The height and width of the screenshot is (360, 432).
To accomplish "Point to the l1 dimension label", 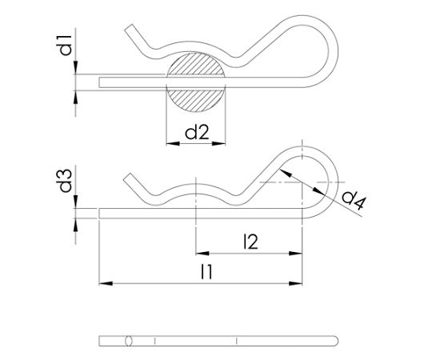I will [206, 272].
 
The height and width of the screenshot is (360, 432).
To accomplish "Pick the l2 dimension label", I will [250, 238].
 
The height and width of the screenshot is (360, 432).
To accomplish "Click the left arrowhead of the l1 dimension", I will [104, 282].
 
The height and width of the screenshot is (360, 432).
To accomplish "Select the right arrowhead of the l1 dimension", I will [300, 282].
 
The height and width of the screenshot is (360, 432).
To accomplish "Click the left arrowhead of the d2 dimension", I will [170, 144].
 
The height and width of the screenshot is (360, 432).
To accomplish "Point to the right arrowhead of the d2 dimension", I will [223, 144].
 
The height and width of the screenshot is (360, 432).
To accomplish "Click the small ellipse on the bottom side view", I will [128, 341].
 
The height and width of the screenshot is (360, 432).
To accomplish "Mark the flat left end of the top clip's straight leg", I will [100, 81].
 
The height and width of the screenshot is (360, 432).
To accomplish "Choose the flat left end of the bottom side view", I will [100, 341].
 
